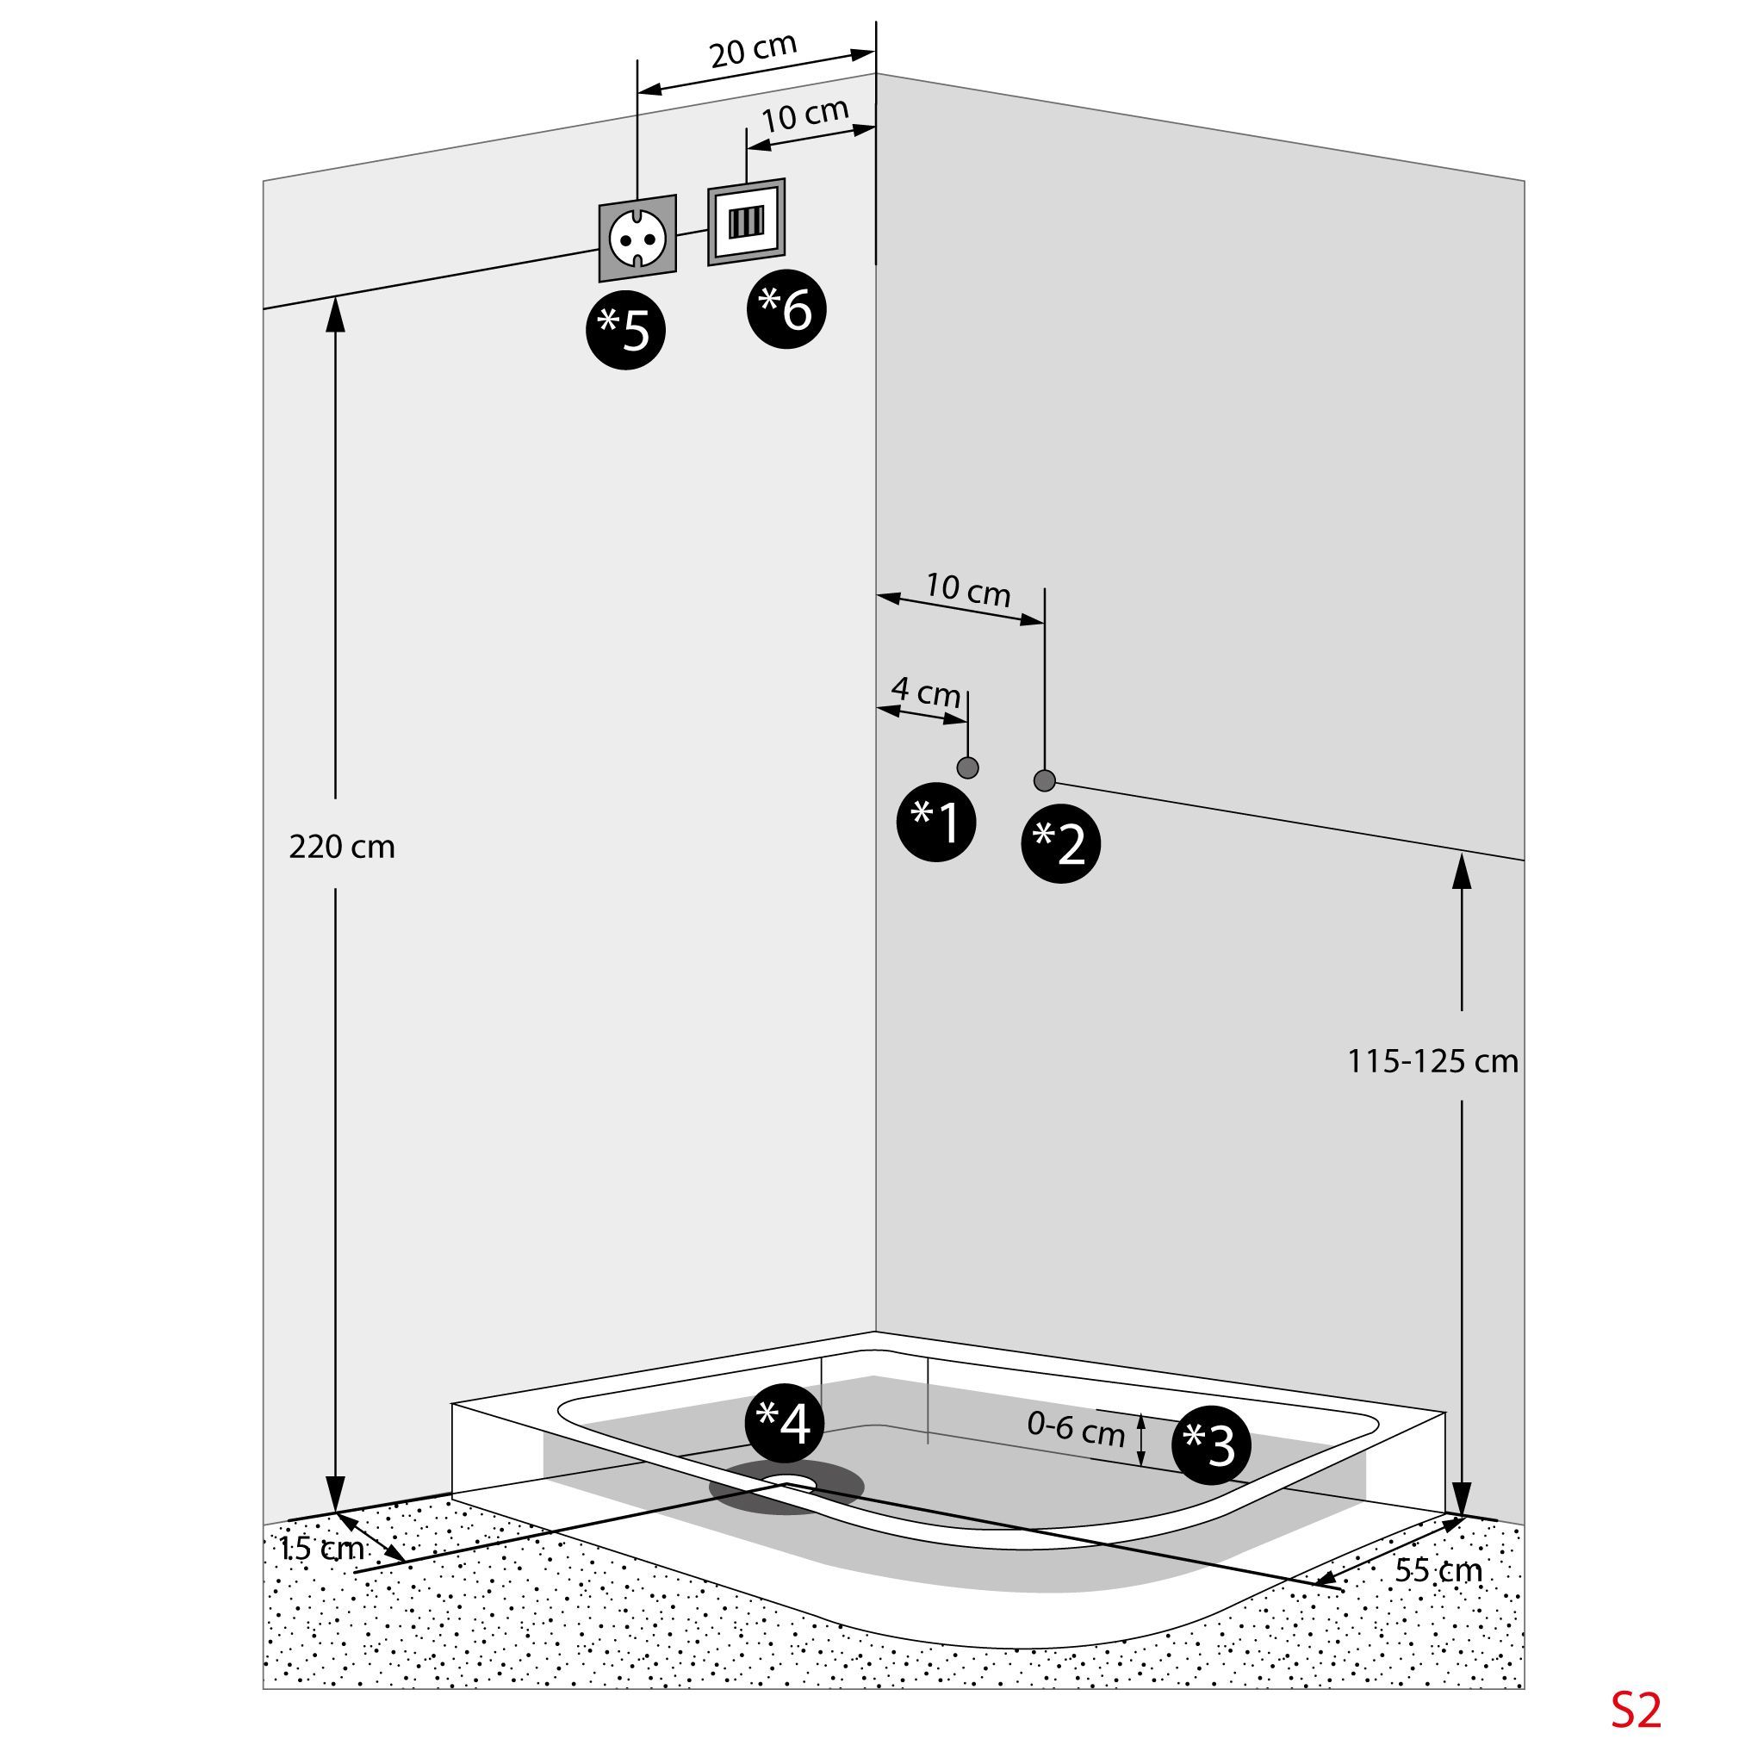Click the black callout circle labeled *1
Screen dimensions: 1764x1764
936,822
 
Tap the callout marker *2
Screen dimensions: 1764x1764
1060,842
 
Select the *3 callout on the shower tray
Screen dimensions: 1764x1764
1211,1444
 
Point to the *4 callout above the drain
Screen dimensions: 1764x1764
785,1423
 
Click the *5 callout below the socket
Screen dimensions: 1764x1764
625,330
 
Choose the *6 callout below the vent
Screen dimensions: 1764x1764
786,308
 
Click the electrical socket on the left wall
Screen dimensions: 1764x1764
637,239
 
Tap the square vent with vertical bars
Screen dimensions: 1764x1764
746,222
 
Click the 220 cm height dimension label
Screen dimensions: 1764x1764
341,847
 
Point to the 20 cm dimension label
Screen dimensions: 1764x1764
754,50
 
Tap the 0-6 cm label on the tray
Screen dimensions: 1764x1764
1076,1429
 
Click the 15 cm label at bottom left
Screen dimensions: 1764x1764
321,1548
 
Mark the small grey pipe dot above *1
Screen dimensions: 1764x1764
968,767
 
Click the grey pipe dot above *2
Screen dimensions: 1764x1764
1045,780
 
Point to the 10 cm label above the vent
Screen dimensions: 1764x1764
805,115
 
